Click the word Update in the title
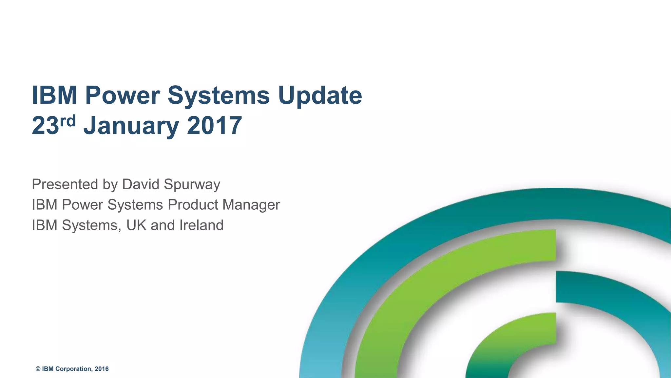tap(320, 96)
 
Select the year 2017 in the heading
tap(214, 126)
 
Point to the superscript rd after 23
tap(68, 121)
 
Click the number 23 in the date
tap(45, 126)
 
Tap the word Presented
tap(65, 184)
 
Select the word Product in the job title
tap(193, 205)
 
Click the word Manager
tap(251, 205)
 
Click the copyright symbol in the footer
tap(38, 369)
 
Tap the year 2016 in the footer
tap(102, 369)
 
